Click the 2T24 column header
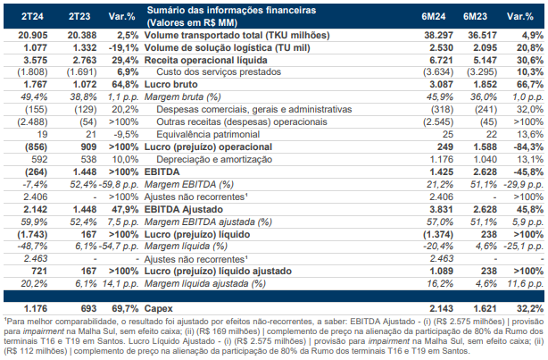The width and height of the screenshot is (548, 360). pos(32,16)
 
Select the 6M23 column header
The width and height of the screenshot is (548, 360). pos(475,16)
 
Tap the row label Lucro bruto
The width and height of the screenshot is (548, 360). pos(170,84)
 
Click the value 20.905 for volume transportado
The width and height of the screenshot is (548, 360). pos(33,36)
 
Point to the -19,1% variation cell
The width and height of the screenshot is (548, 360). pos(123,48)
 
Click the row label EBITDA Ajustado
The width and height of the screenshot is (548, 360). pos(184,210)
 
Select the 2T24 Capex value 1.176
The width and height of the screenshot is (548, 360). pos(36,308)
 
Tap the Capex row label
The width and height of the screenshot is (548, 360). pos(158,309)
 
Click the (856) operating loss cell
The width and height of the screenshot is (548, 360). pos(36,147)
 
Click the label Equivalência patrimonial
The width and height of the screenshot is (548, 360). pos(208,135)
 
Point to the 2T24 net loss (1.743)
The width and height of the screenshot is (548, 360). pos(32,234)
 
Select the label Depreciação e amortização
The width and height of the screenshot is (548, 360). pos(214,160)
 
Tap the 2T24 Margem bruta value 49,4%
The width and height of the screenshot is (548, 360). pos(34,96)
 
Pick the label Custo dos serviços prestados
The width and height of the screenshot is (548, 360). pos(219,72)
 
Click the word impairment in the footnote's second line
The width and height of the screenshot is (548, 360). pos(44,331)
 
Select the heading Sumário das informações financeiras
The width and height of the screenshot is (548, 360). pos(231,10)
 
